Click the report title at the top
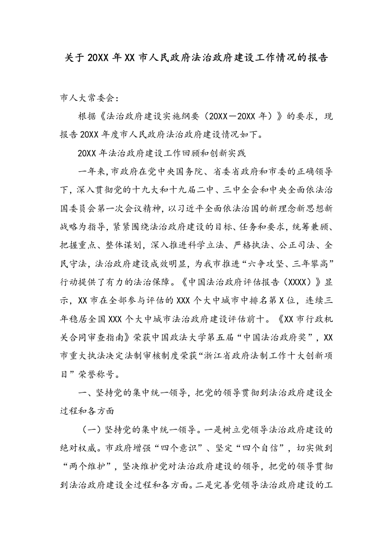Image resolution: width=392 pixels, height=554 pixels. point(196,57)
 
